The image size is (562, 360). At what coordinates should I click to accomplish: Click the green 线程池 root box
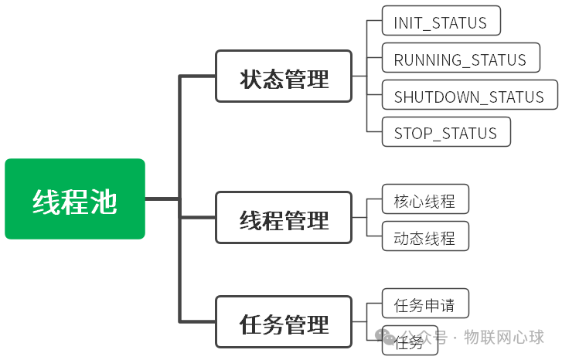[75, 199]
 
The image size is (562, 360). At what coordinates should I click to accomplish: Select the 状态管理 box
[284, 76]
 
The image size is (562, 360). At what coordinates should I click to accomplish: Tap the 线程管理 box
[284, 219]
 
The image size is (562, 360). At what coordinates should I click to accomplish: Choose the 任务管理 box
[284, 321]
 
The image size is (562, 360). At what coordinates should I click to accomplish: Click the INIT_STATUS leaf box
[441, 21]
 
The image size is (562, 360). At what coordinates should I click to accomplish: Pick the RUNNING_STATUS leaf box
[459, 59]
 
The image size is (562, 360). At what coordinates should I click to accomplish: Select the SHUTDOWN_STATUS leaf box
[469, 96]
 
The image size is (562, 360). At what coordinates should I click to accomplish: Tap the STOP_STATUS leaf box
[446, 132]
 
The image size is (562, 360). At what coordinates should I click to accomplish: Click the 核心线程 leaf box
[424, 201]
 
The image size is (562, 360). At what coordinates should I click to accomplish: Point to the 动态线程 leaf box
[424, 236]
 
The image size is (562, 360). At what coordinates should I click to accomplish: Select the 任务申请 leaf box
[424, 304]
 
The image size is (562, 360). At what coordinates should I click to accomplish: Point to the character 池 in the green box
[104, 201]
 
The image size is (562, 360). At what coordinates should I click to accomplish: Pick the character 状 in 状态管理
[250, 78]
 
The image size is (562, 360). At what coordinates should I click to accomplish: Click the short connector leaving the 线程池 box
[162, 199]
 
